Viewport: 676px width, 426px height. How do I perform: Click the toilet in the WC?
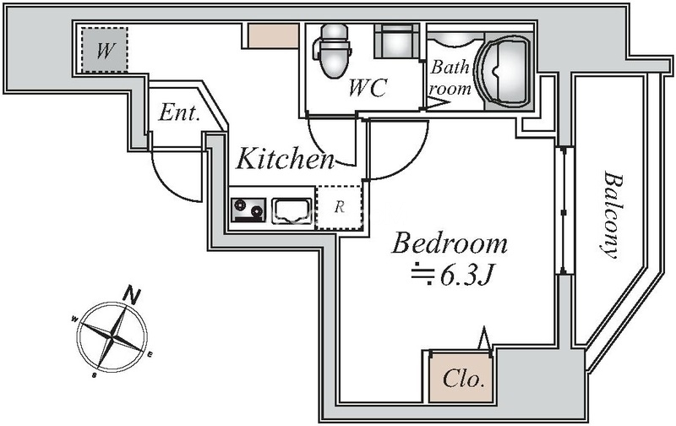(334, 50)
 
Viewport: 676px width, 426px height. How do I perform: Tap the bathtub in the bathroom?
(504, 71)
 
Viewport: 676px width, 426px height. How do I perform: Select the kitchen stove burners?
(248, 210)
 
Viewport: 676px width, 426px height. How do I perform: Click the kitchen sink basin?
(292, 210)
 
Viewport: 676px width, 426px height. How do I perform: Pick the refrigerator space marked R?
(339, 207)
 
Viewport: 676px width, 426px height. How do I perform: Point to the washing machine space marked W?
(104, 50)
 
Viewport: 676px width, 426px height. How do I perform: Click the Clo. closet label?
(461, 379)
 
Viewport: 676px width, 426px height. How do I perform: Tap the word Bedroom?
(450, 243)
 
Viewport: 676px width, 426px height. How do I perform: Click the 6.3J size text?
(466, 276)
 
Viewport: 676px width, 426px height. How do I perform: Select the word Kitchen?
(286, 159)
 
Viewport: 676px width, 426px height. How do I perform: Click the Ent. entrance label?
(179, 112)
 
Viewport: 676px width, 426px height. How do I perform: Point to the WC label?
(368, 88)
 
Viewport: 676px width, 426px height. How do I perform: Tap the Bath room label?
(450, 78)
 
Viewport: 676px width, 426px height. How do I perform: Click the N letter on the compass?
(132, 294)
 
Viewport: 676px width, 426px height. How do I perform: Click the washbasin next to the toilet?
(396, 41)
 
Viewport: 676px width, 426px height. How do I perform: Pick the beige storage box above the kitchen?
(273, 35)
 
